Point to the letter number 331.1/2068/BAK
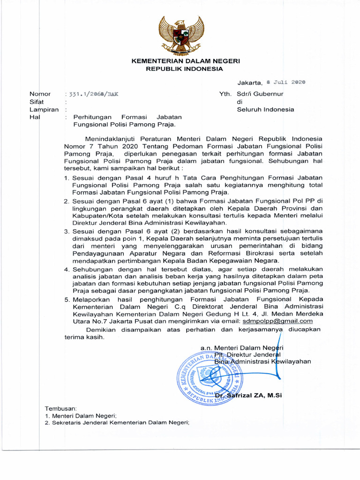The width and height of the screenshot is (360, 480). click(x=92, y=94)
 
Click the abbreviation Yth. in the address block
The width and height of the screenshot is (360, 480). click(x=225, y=94)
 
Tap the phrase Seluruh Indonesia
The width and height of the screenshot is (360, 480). click(x=265, y=110)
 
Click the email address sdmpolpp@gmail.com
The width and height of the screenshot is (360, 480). click(x=277, y=321)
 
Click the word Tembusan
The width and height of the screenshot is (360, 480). click(x=57, y=408)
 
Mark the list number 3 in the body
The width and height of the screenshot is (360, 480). click(x=67, y=231)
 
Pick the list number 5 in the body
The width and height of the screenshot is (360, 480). click(x=67, y=300)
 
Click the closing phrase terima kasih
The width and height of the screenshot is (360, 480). click(x=84, y=337)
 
